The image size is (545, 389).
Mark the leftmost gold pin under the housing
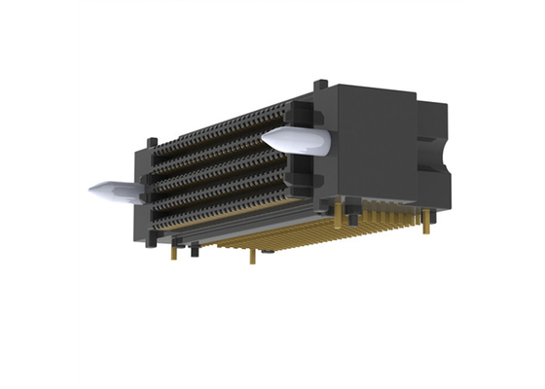pyautogui.click(x=174, y=252)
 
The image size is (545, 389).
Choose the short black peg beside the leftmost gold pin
pyautogui.click(x=194, y=252)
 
